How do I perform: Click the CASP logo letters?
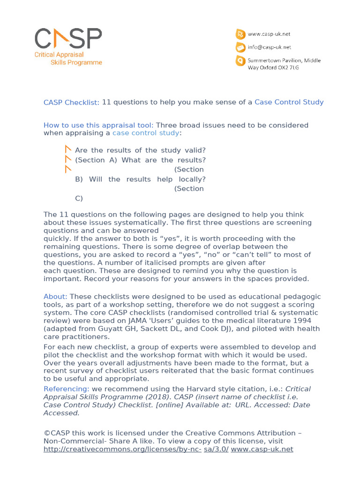pyautogui.click(x=68, y=38)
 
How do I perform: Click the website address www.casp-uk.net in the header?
pyautogui.click(x=269, y=34)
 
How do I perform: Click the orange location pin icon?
pyautogui.click(x=240, y=61)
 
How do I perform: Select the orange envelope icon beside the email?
pyautogui.click(x=240, y=47)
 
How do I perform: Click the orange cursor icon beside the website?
pyautogui.click(x=240, y=34)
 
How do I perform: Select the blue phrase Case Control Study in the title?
pyautogui.click(x=289, y=102)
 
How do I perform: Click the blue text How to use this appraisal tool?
pyautogui.click(x=98, y=125)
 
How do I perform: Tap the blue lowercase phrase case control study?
pyautogui.click(x=146, y=133)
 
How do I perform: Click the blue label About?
pyautogui.click(x=55, y=297)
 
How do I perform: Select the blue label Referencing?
pyautogui.click(x=66, y=389)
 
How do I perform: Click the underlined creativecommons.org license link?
pyautogui.click(x=122, y=449)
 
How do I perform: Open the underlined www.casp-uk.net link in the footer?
pyautogui.click(x=262, y=449)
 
